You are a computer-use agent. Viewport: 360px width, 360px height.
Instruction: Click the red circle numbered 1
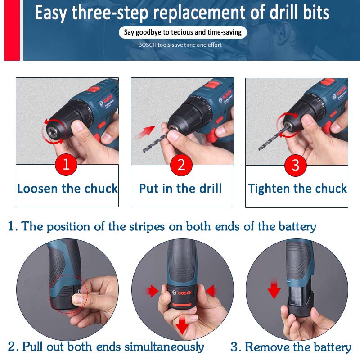(66, 164)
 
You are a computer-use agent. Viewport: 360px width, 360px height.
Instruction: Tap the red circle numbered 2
(181, 165)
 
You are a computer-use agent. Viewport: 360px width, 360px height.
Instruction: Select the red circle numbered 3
(296, 165)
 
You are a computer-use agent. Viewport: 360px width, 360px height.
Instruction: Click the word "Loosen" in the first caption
(38, 189)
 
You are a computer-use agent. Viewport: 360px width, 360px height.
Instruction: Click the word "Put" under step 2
(149, 189)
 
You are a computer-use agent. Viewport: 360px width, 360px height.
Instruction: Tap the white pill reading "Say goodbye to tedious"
(183, 32)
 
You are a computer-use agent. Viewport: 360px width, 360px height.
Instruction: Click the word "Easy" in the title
(51, 13)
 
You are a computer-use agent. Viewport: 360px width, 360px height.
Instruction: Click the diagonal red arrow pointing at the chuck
(145, 132)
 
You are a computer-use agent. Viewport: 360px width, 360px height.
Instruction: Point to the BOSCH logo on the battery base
(182, 293)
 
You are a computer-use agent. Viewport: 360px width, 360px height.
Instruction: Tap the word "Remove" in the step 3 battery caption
(267, 346)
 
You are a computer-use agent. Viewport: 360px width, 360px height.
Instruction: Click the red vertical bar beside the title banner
(12, 30)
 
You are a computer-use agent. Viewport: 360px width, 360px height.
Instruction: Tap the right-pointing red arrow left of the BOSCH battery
(152, 291)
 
